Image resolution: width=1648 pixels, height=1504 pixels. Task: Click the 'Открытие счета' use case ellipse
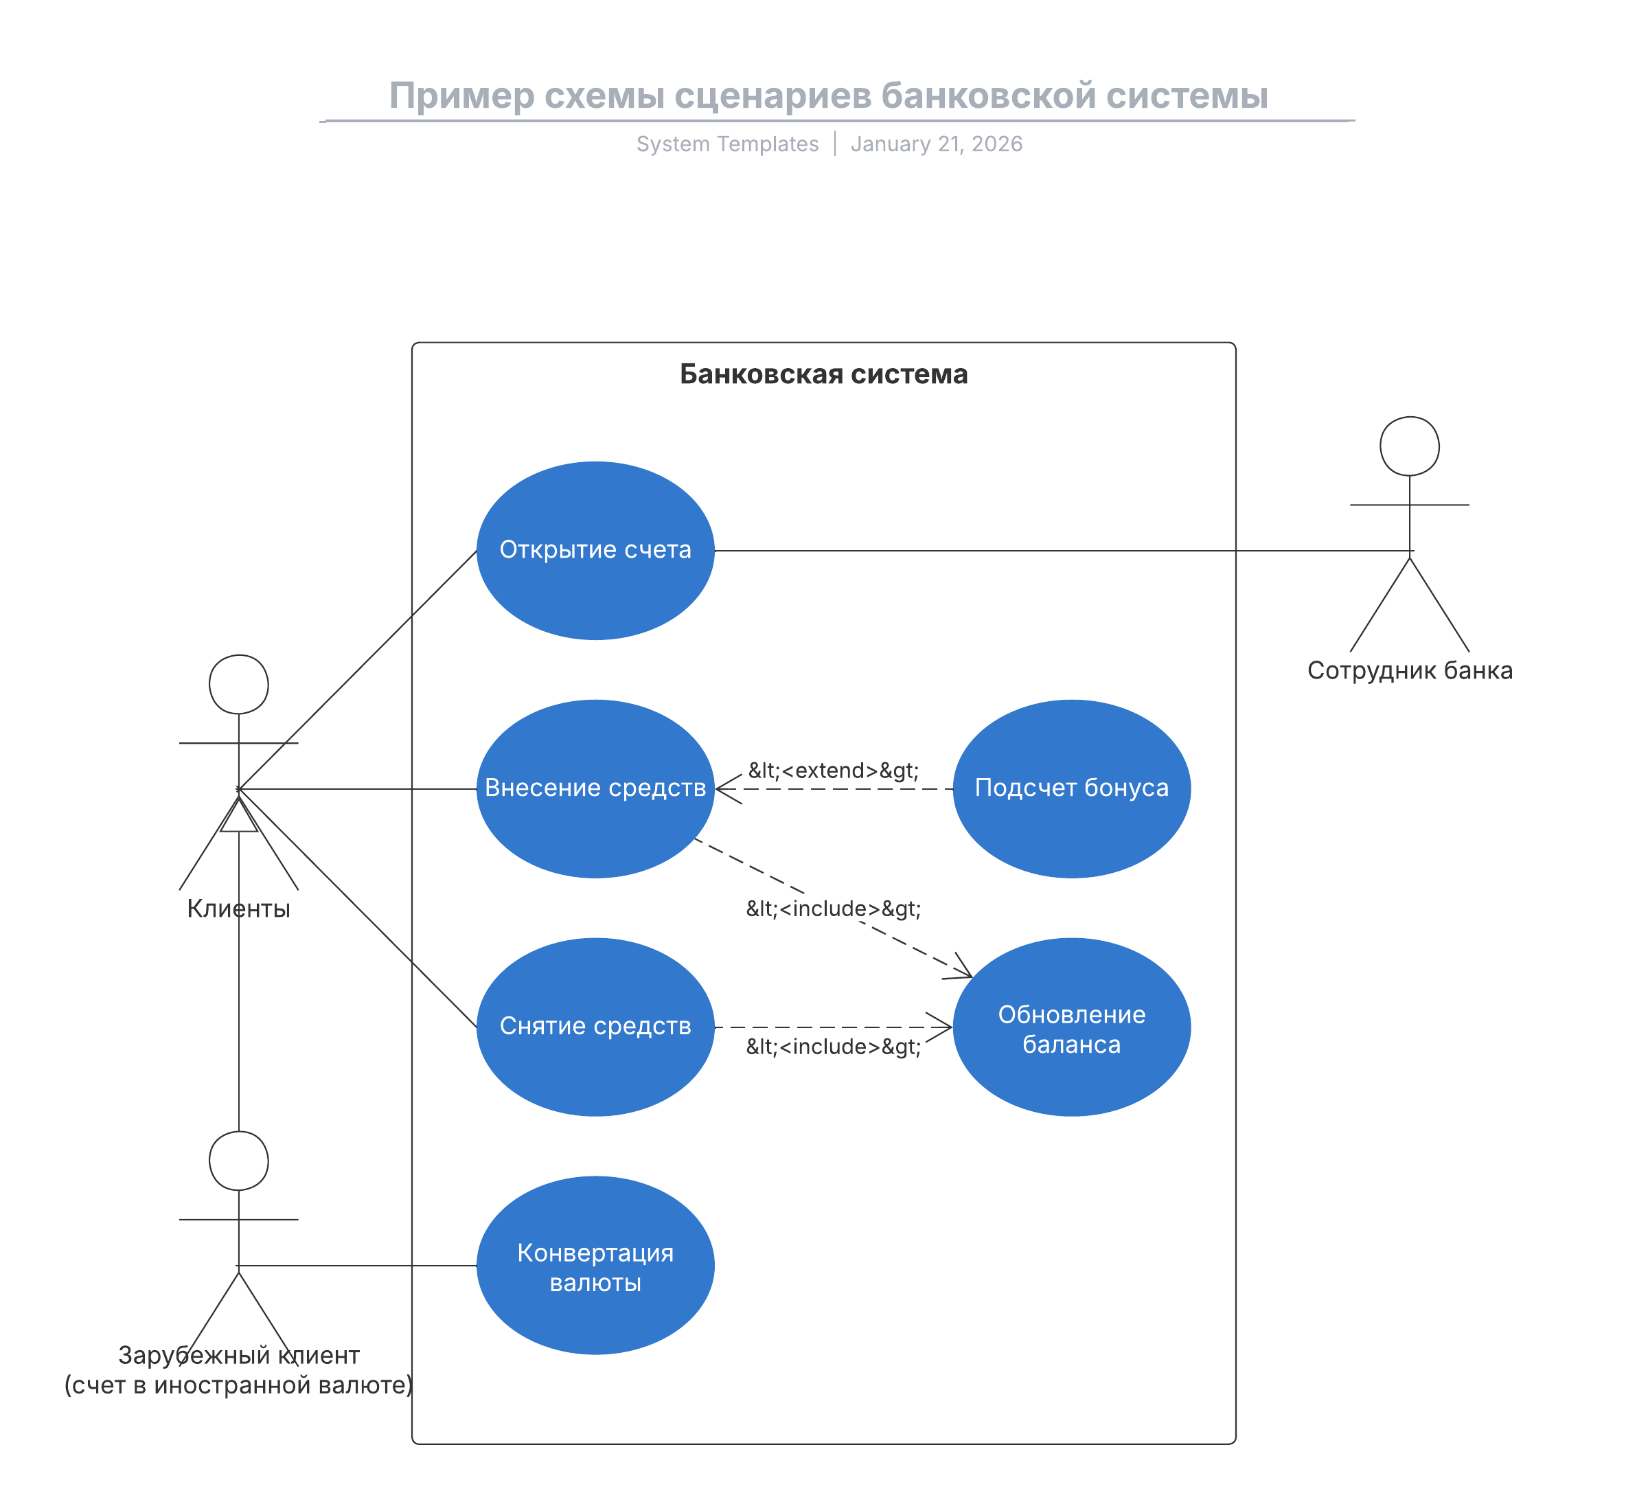(595, 551)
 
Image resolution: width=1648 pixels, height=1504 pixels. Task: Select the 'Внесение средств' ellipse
(595, 789)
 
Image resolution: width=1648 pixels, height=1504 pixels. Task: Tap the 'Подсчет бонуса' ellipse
(1072, 789)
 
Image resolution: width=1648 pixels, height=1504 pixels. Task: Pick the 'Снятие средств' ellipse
(595, 1027)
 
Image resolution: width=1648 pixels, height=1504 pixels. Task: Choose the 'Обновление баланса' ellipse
(1072, 1027)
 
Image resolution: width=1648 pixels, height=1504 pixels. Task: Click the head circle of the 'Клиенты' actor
(239, 684)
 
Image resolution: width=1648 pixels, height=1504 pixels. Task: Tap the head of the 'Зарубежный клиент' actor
(239, 1161)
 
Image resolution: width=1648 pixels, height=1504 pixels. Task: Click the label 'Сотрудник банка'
(1410, 670)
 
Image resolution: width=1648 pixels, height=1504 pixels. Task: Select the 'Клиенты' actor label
(239, 909)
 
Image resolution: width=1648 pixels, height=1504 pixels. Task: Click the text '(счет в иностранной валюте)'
(239, 1385)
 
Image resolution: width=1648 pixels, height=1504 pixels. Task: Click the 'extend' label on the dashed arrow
(834, 771)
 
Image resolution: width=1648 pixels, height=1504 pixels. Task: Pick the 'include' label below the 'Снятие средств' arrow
(834, 1047)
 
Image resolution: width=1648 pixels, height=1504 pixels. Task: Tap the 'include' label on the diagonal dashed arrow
(834, 909)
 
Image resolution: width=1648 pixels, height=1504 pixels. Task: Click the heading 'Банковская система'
(824, 374)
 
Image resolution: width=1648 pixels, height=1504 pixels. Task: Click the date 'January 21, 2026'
(937, 144)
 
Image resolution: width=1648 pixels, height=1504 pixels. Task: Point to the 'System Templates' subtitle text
(728, 144)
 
